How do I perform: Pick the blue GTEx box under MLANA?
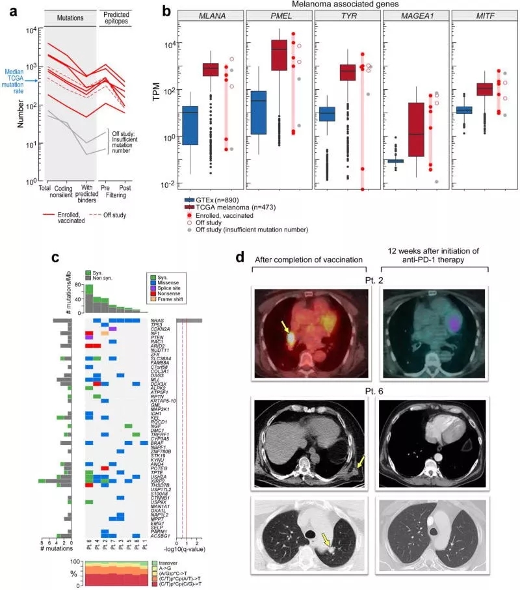(x=190, y=125)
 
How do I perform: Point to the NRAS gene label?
(x=157, y=321)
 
